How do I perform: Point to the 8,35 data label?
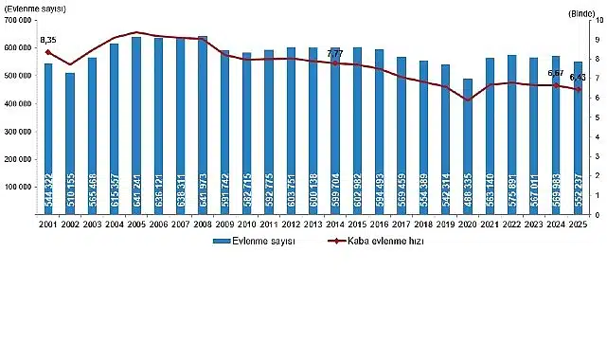[48, 40]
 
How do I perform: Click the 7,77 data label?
[335, 54]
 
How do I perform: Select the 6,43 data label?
[579, 78]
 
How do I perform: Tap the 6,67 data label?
[557, 73]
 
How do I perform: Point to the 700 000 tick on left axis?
[20, 20]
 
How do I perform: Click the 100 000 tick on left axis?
[20, 188]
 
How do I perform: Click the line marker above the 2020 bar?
[468, 99]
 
